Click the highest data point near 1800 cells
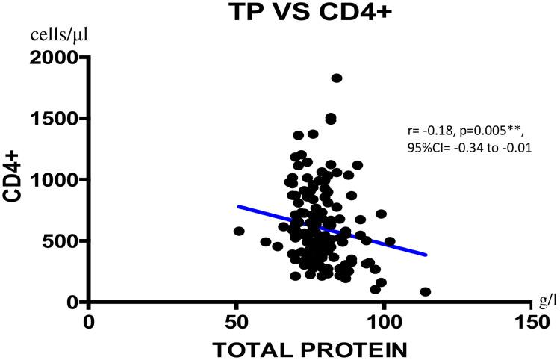(x=337, y=78)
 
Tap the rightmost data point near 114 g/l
(x=426, y=291)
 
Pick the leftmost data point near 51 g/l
(x=239, y=231)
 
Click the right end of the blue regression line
(x=426, y=255)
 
